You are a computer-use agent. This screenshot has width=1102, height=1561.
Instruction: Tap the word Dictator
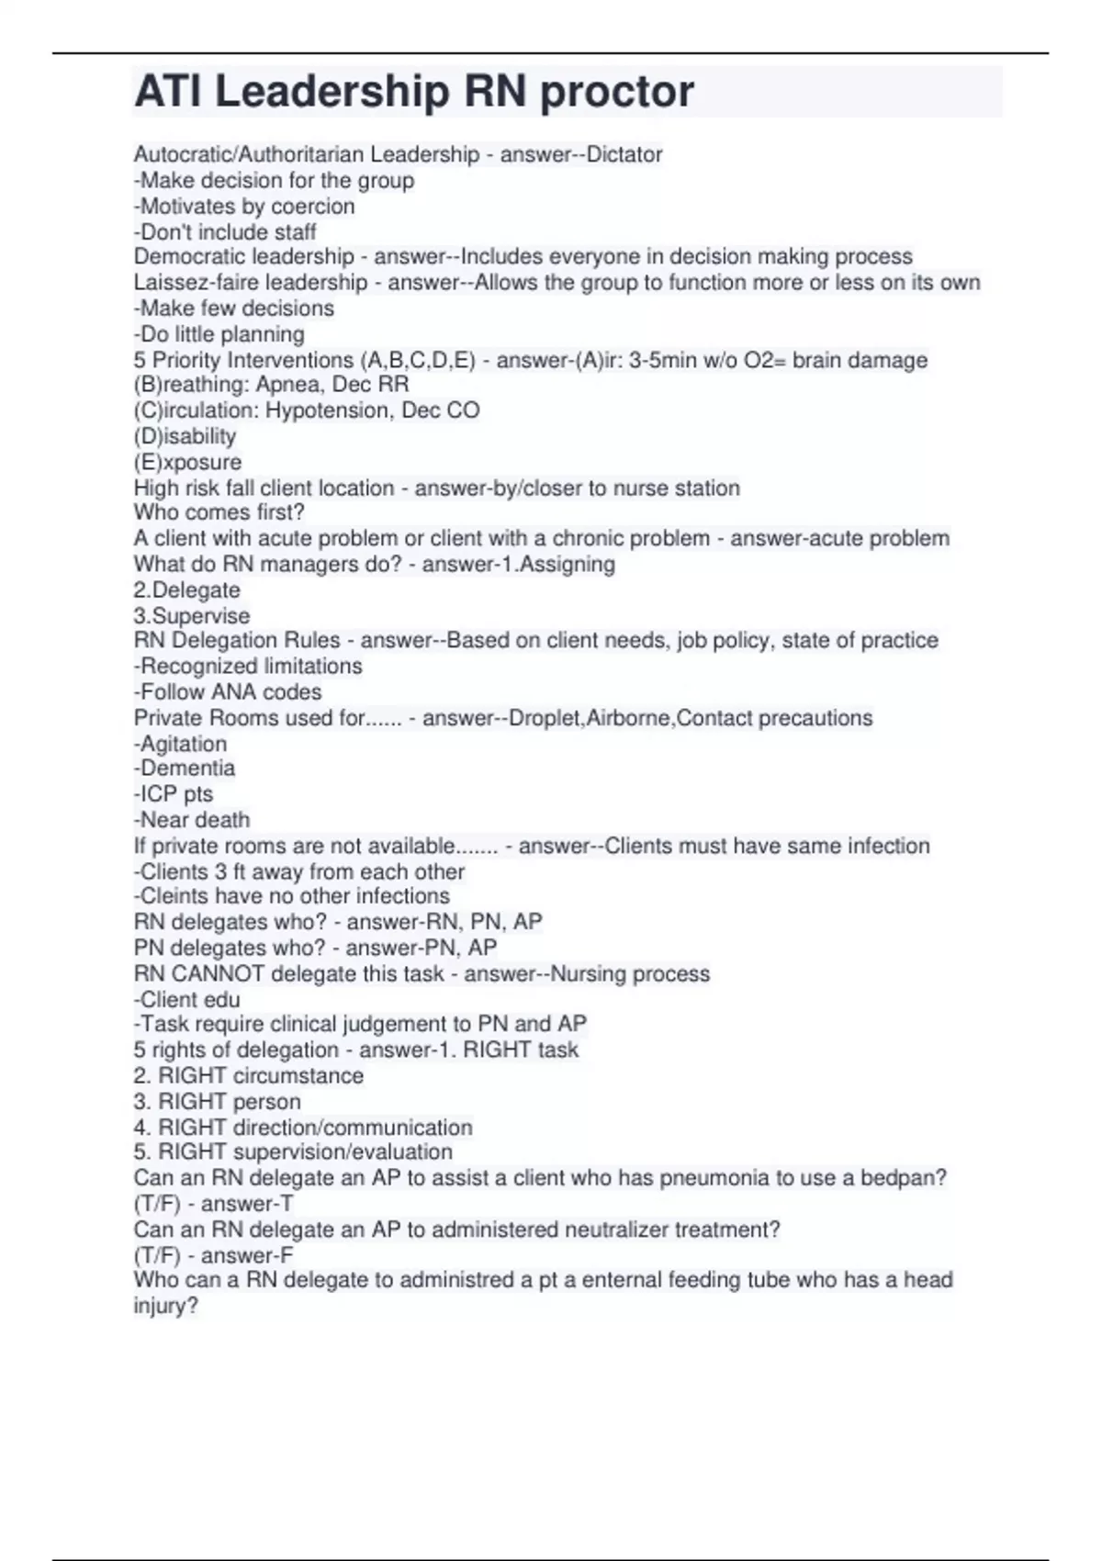click(x=624, y=154)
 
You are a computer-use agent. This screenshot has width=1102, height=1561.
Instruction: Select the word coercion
click(x=313, y=206)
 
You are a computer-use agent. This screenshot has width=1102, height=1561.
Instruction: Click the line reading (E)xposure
click(x=188, y=462)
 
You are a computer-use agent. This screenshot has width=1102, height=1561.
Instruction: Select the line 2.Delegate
click(x=187, y=590)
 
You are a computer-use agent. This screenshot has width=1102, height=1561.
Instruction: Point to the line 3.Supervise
click(x=192, y=615)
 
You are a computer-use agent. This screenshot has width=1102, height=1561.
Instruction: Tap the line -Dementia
click(x=185, y=769)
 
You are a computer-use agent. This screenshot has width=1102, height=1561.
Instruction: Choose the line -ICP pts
click(x=174, y=794)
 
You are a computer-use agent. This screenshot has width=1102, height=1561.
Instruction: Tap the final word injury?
click(x=166, y=1306)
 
